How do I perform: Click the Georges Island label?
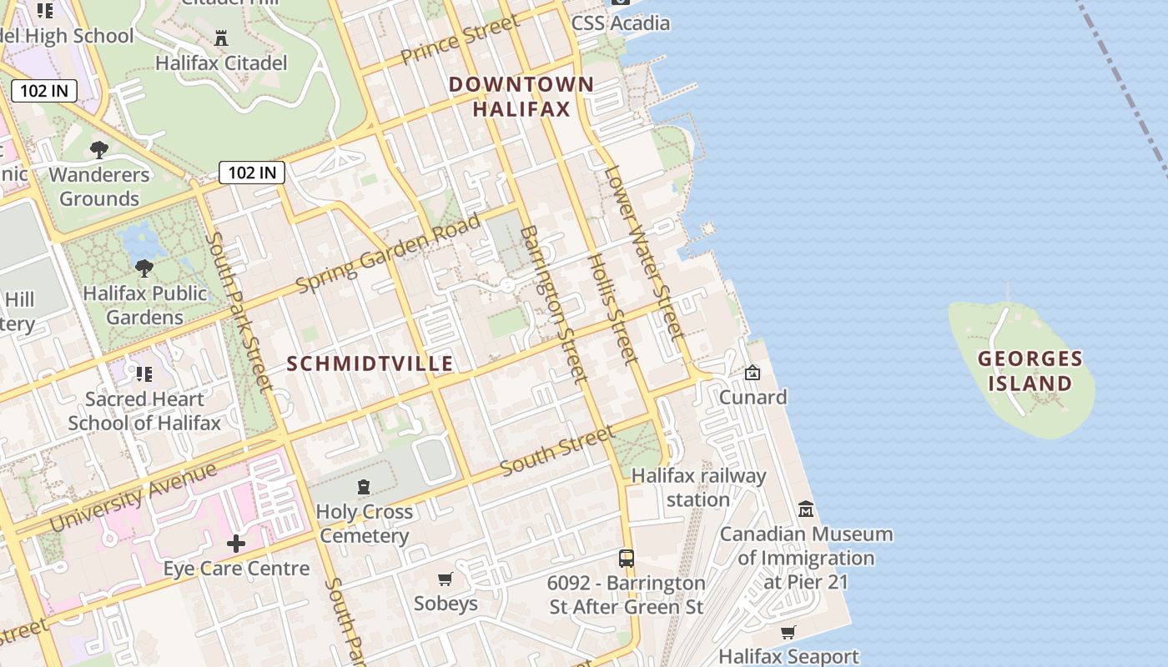(1030, 371)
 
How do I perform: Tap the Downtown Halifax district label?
(521, 96)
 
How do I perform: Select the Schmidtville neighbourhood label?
(370, 364)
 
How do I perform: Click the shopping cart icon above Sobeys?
(446, 579)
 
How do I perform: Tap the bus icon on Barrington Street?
(627, 558)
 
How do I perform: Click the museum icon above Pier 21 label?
(806, 509)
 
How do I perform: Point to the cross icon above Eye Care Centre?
(236, 544)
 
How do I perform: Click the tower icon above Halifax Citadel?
(221, 38)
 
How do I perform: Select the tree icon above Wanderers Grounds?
(99, 150)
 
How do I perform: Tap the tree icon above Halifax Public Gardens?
(144, 268)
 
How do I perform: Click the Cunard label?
(753, 397)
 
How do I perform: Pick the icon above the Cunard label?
(753, 372)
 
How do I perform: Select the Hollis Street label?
(613, 309)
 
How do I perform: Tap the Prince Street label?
(460, 40)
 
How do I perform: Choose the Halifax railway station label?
(698, 488)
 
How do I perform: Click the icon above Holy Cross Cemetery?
(364, 487)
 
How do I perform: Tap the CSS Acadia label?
(621, 23)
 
